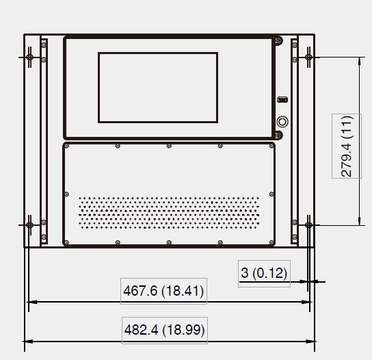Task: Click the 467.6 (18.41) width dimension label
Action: [x=163, y=291]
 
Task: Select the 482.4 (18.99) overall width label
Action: [x=164, y=330]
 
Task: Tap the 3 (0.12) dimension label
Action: [x=264, y=273]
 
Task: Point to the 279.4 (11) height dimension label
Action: [x=347, y=146]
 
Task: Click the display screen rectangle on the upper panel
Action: [x=158, y=88]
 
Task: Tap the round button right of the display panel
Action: [x=282, y=122]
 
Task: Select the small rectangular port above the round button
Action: [x=282, y=99]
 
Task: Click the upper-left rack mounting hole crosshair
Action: [x=29, y=57]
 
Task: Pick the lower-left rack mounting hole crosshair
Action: [x=29, y=225]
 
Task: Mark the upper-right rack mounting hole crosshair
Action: [x=308, y=57]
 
